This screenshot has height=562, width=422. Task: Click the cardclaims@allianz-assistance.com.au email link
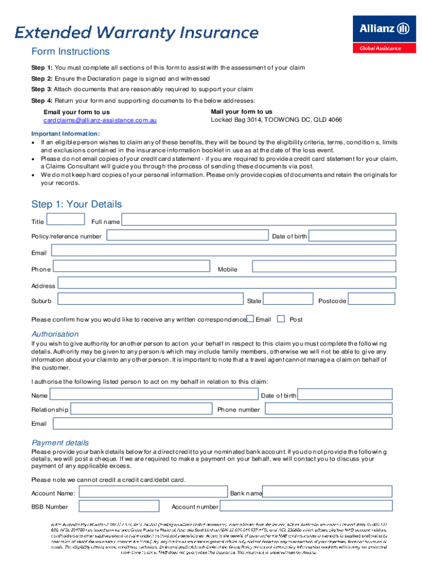point(100,120)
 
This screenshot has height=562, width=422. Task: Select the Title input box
point(66,220)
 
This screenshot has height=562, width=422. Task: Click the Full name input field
point(259,220)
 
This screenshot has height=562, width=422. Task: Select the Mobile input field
point(323,267)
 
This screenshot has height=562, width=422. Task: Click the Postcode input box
point(372,299)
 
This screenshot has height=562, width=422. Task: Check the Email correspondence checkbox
point(250,319)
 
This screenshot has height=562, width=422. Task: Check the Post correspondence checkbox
point(281,319)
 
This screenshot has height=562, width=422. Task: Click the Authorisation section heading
point(55,334)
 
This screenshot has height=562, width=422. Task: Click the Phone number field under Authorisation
point(328,409)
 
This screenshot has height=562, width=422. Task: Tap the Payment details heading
point(60,443)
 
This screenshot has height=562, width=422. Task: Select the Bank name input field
point(327,492)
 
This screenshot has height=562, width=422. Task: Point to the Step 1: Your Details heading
point(76,204)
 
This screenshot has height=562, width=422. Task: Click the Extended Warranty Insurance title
point(136,32)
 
